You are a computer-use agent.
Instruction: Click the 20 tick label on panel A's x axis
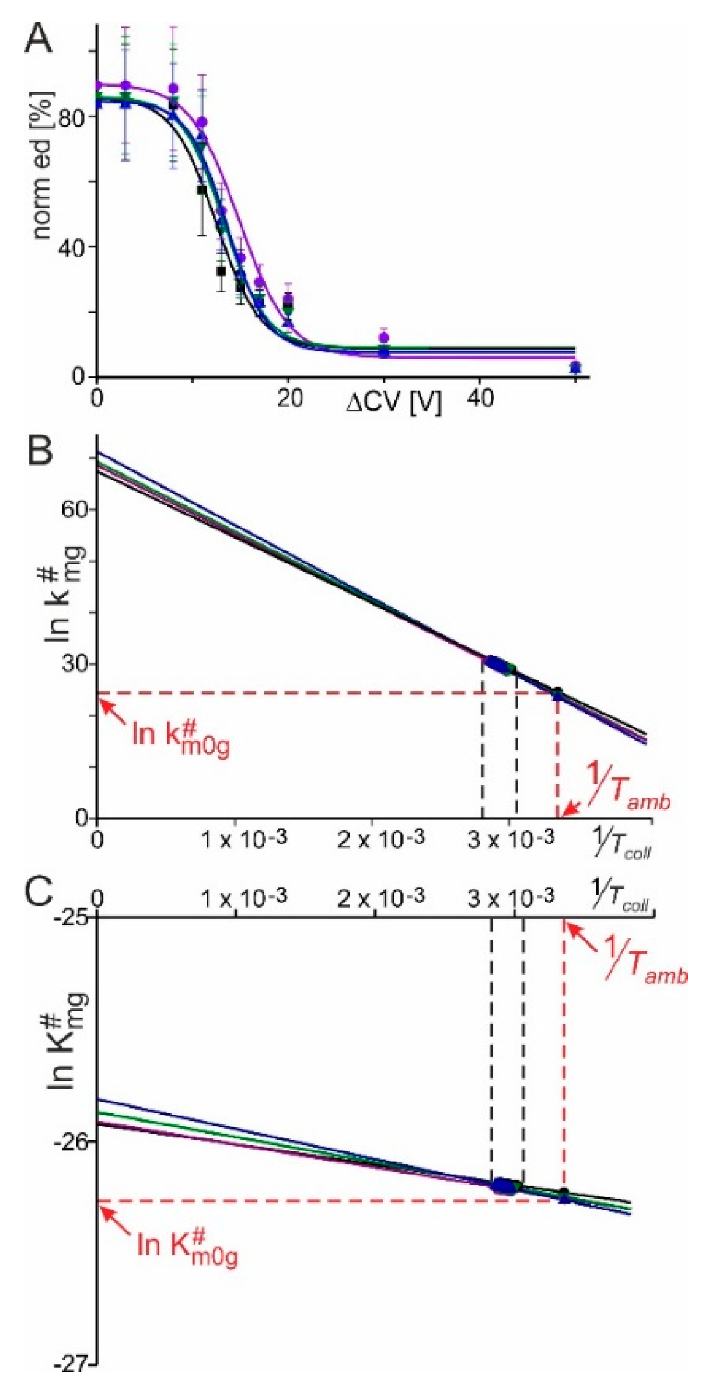point(289,399)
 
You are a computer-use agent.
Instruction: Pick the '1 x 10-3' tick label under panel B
point(243,839)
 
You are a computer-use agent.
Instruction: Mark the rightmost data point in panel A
point(575,367)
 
